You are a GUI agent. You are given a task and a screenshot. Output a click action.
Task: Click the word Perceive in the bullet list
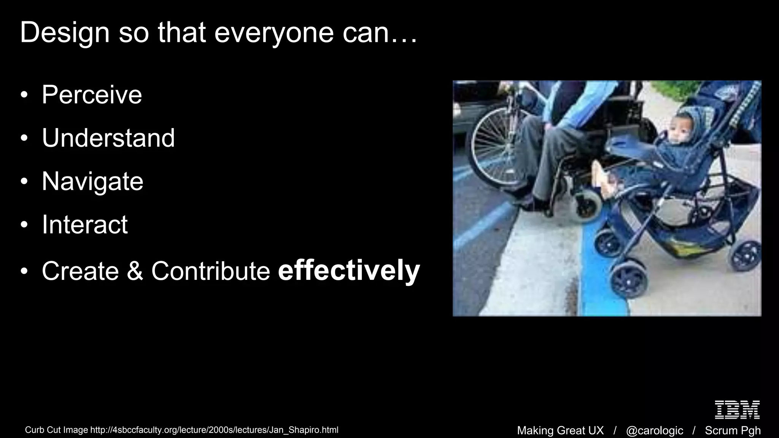point(92,95)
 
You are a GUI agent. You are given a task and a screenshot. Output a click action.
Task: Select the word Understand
point(108,138)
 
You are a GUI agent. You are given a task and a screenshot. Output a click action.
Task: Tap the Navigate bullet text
point(92,181)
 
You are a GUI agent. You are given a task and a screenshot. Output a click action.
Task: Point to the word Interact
point(85,225)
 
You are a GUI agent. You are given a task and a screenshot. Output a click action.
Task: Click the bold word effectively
point(349,271)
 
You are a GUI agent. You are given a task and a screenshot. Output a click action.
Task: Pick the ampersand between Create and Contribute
point(135,271)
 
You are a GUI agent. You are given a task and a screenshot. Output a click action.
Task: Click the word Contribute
point(211,271)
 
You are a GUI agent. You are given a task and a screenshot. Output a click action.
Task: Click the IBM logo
point(737,409)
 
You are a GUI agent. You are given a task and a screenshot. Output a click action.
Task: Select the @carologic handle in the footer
point(654,430)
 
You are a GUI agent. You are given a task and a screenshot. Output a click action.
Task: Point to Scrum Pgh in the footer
point(733,430)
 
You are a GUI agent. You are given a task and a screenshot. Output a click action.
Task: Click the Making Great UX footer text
point(560,430)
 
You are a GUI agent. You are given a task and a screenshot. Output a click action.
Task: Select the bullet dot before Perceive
point(24,95)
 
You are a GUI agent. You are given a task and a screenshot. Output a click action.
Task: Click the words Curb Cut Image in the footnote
point(56,430)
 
